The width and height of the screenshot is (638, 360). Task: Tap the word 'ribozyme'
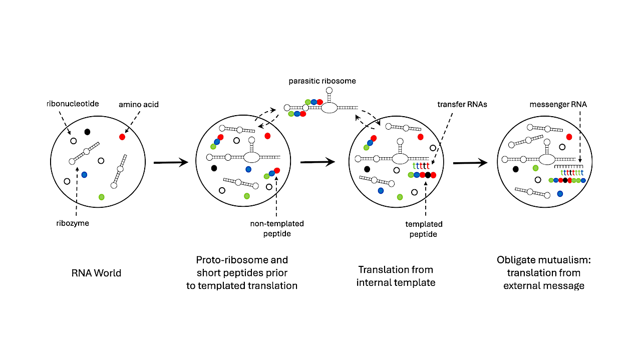(73, 223)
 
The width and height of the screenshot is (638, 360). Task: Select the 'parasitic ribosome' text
(322, 81)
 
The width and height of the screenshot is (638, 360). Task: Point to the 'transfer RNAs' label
(466, 104)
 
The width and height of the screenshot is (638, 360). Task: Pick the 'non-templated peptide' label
(277, 228)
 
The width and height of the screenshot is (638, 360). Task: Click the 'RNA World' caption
(97, 273)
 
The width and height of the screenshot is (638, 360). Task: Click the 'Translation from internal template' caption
(396, 276)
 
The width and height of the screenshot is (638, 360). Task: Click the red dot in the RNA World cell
(122, 137)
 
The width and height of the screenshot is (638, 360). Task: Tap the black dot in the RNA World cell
(87, 132)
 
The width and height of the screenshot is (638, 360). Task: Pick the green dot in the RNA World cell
(102, 197)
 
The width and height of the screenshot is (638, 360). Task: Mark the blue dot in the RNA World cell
(84, 174)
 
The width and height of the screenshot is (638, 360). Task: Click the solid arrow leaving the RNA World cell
(170, 162)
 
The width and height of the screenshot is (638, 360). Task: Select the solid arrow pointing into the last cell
(470, 162)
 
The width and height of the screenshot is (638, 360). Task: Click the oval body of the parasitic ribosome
(329, 108)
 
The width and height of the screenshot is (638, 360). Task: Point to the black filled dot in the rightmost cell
(516, 169)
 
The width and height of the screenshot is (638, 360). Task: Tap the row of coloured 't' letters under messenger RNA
(569, 172)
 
